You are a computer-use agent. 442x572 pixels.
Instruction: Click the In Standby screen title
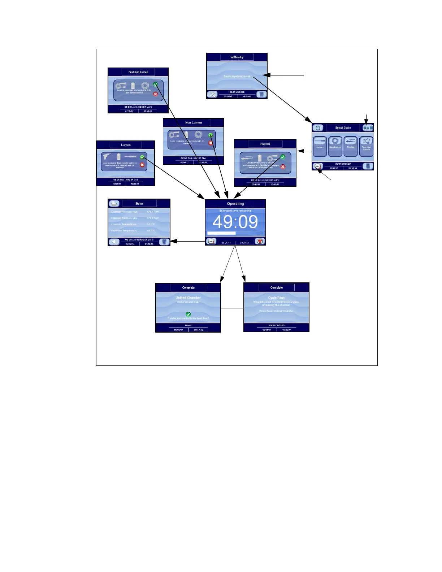(237, 57)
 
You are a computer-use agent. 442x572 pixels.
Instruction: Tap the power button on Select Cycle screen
(318, 128)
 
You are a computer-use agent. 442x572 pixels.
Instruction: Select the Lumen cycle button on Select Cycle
(320, 146)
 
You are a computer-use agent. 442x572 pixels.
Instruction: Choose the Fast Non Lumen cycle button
(366, 146)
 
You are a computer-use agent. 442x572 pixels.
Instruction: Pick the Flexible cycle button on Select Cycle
(351, 146)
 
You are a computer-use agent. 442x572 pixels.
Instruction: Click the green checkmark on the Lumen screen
(142, 157)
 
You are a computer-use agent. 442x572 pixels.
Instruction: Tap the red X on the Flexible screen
(283, 166)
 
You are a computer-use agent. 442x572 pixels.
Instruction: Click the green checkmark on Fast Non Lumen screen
(155, 84)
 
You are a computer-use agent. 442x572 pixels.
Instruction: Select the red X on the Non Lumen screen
(211, 143)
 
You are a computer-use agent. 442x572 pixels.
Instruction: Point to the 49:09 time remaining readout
(235, 222)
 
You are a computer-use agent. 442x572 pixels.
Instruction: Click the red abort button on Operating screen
(260, 241)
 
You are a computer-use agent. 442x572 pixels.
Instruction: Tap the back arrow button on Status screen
(114, 242)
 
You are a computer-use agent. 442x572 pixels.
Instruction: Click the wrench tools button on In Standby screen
(212, 95)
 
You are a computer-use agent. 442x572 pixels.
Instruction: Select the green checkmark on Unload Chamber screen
(188, 314)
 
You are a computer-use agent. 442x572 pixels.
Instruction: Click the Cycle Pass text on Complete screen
(276, 298)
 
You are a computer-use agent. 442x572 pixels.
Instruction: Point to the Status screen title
(139, 204)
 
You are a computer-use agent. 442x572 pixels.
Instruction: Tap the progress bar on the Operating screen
(235, 233)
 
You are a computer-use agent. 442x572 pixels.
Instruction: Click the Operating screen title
(235, 204)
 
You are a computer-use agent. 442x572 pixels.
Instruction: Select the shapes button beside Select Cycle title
(368, 128)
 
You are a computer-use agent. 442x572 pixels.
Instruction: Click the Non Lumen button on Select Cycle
(335, 146)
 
